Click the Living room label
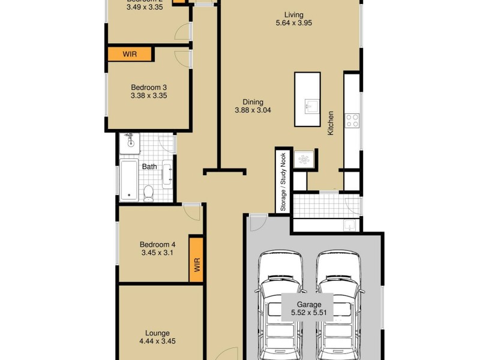[x=293, y=15]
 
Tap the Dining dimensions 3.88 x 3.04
[x=248, y=110]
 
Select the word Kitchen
[x=330, y=122]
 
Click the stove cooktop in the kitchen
[x=352, y=120]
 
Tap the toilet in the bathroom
[x=149, y=193]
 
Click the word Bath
[x=149, y=166]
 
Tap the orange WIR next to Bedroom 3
[x=130, y=54]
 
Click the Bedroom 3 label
[x=148, y=87]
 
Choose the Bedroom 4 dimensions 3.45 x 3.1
[x=157, y=254]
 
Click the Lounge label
[x=157, y=333]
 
